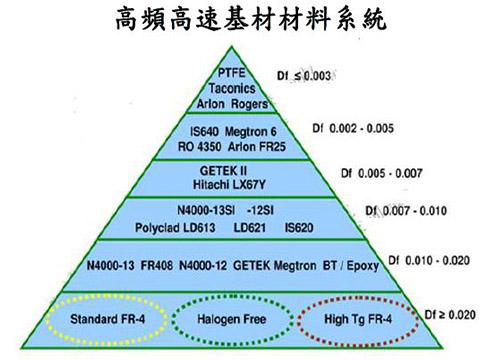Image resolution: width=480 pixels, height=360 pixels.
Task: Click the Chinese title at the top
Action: click(240, 20)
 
